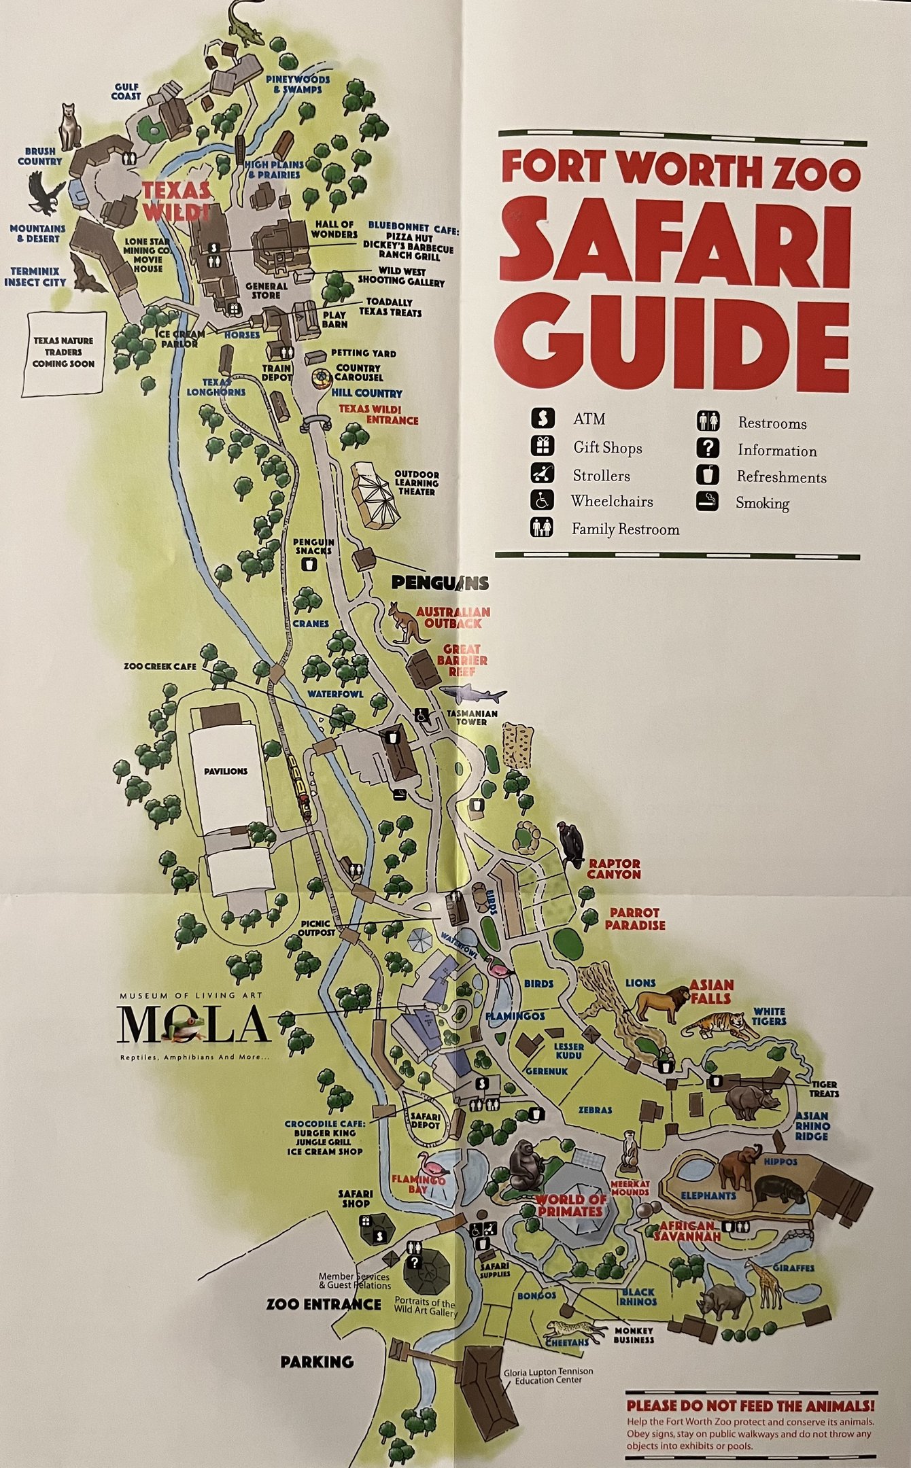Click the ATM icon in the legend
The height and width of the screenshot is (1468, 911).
[x=543, y=419]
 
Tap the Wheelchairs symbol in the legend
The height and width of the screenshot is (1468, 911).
[x=541, y=501]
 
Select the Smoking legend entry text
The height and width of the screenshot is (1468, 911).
[x=762, y=504]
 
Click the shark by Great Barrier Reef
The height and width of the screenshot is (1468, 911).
[x=474, y=694]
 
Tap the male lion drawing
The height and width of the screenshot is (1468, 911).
[x=661, y=1004]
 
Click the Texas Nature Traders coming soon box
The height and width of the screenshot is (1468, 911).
[x=64, y=353]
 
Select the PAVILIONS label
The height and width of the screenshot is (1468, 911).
[x=226, y=771]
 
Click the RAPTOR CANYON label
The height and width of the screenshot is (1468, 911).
[x=614, y=869]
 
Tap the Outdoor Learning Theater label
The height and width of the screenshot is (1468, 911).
[x=417, y=483]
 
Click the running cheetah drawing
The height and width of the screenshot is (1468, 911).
[x=574, y=1330]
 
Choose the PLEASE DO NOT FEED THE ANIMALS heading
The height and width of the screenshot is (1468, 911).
[x=750, y=1405]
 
